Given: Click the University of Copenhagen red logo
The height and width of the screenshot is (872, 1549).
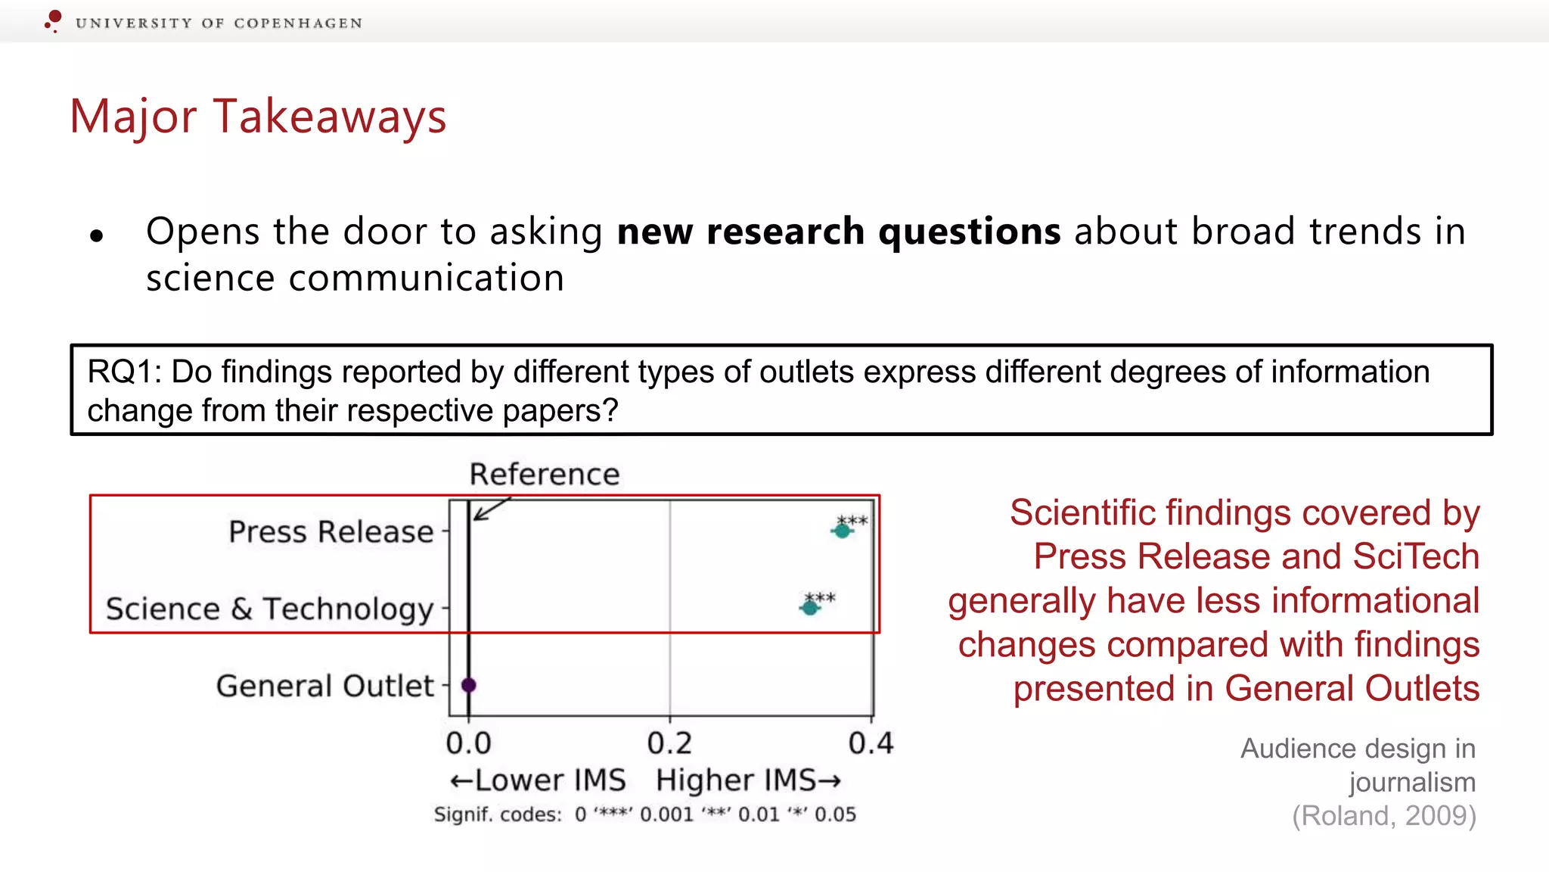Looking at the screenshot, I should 53,20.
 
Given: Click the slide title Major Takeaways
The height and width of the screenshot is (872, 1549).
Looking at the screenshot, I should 258,117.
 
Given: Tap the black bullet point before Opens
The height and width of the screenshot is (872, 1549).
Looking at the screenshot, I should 96,236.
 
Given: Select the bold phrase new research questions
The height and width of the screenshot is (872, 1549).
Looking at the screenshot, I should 838,232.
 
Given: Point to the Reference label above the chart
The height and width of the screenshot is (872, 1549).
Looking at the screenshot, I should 544,475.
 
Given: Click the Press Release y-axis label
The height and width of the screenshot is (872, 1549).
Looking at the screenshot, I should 331,531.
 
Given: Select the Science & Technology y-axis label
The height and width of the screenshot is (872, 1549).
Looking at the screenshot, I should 269,609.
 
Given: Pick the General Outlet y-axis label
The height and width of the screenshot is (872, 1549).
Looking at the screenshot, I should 324,686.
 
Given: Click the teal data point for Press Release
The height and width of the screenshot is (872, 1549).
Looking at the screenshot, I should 842,531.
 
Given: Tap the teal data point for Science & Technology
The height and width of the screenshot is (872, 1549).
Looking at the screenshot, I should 810,607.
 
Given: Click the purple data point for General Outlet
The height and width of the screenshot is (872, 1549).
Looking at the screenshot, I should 469,685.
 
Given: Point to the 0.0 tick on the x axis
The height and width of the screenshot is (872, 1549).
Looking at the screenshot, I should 468,743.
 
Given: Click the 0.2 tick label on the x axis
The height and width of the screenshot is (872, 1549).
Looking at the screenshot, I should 669,743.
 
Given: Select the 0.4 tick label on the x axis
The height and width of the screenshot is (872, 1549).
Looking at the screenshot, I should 871,743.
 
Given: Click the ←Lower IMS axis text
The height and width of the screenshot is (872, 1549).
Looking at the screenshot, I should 538,780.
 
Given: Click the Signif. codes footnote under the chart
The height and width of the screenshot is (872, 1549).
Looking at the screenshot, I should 644,814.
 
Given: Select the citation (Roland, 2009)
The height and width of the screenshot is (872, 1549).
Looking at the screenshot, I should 1383,816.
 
